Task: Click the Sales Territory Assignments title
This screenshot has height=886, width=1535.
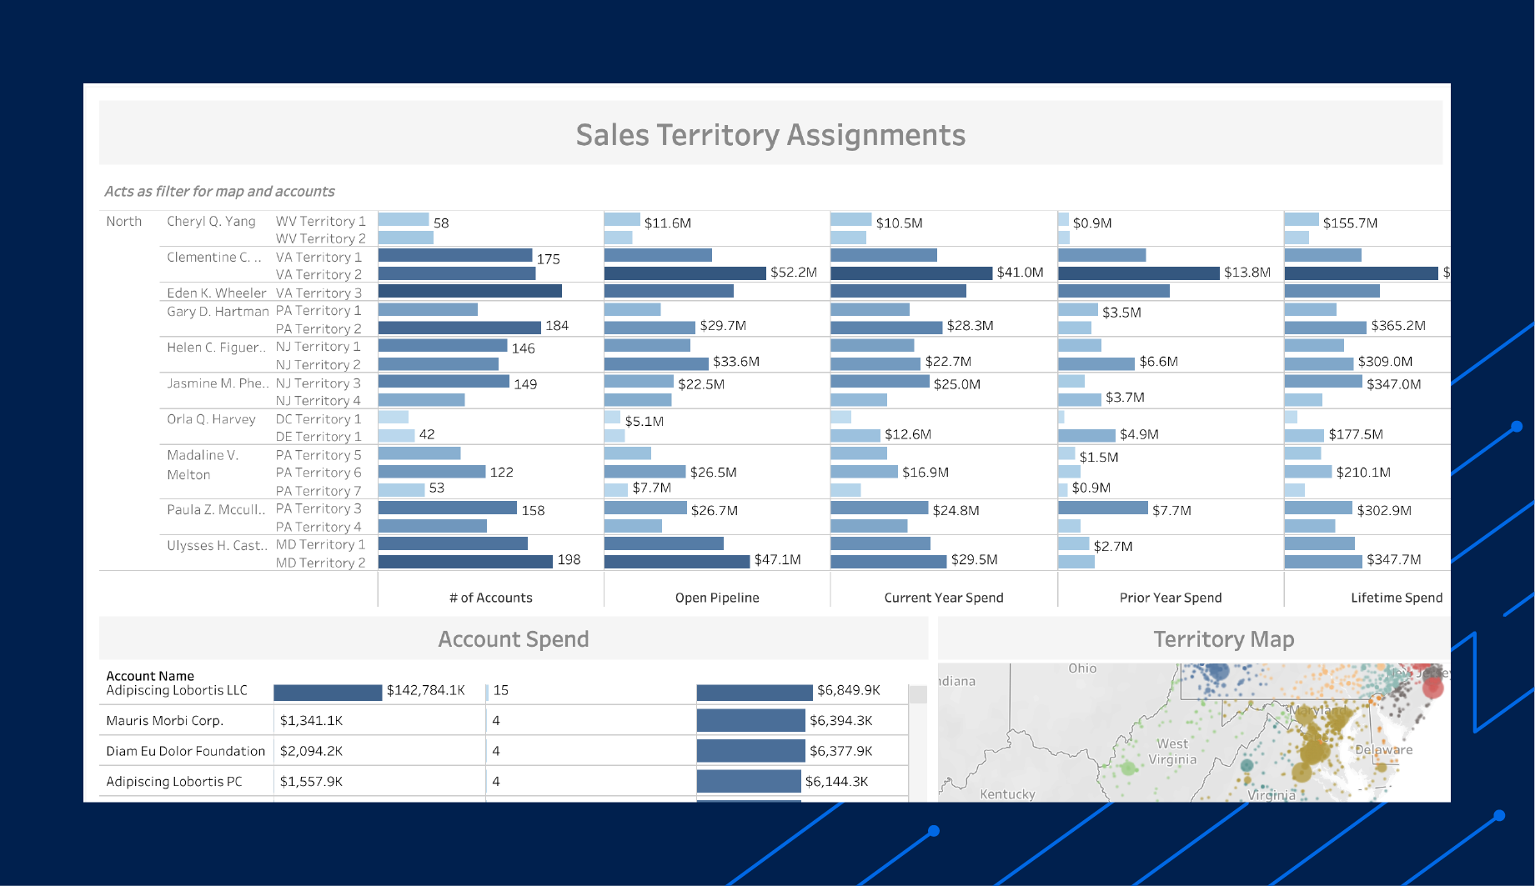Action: (x=770, y=135)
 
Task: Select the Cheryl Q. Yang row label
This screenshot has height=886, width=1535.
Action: (x=211, y=221)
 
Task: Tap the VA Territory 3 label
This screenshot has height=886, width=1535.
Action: (x=319, y=293)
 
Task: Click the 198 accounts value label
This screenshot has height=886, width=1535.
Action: (x=569, y=559)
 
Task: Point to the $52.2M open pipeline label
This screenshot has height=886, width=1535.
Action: (x=793, y=273)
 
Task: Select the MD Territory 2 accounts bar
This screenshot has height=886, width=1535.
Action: (x=465, y=562)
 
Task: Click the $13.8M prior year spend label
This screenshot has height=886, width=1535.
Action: (x=1247, y=273)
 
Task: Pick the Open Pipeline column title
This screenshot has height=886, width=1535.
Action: (x=716, y=598)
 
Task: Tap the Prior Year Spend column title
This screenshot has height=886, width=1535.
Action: (x=1170, y=598)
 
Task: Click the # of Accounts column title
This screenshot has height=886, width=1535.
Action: (x=490, y=598)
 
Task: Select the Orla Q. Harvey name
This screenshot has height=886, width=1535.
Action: (x=211, y=419)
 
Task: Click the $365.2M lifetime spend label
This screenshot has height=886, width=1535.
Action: (x=1397, y=326)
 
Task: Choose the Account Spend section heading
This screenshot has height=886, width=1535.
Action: (x=513, y=639)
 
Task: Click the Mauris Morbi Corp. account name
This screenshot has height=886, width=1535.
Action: (x=164, y=721)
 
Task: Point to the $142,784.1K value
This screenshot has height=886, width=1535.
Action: (x=425, y=690)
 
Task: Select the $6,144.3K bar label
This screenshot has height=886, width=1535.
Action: (x=836, y=782)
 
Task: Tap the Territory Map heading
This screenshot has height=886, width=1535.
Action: (x=1223, y=639)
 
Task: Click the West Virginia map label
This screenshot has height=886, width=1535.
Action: (x=1172, y=751)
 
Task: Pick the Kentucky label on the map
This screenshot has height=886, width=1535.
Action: (x=1007, y=794)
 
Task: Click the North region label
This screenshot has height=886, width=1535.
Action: (x=123, y=221)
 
